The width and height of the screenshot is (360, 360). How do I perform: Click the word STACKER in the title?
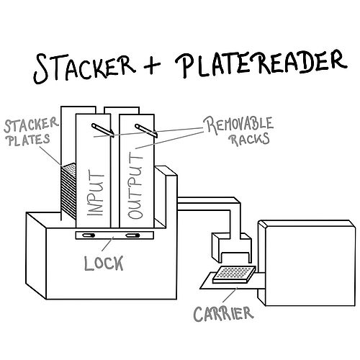tap(84, 67)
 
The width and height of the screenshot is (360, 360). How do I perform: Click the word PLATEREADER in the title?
tap(261, 63)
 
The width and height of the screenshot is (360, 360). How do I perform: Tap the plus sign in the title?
tap(152, 64)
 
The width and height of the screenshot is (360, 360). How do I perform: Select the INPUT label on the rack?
tap(95, 192)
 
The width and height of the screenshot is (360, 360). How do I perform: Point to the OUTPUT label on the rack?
tap(135, 186)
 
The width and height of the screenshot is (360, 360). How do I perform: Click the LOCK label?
tap(104, 263)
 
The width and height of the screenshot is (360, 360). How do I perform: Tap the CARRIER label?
tap(223, 314)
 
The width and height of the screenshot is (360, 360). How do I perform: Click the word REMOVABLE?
tap(238, 125)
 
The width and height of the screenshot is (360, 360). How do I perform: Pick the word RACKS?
tap(250, 140)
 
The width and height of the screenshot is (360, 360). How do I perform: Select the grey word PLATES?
tap(28, 140)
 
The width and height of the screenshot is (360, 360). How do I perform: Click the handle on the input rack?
tap(103, 130)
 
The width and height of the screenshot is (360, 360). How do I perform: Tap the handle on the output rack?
tap(146, 131)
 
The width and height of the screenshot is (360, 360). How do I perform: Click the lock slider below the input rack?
tap(89, 235)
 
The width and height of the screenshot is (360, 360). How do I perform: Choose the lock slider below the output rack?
tap(132, 235)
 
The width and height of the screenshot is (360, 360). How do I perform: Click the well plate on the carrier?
tap(234, 274)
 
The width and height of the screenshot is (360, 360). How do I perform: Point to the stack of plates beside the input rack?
tap(69, 191)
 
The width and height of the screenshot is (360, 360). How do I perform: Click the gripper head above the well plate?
tap(232, 248)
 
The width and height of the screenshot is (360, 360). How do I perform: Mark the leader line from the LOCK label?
tap(107, 244)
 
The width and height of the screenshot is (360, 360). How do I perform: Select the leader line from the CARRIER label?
tap(230, 294)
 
